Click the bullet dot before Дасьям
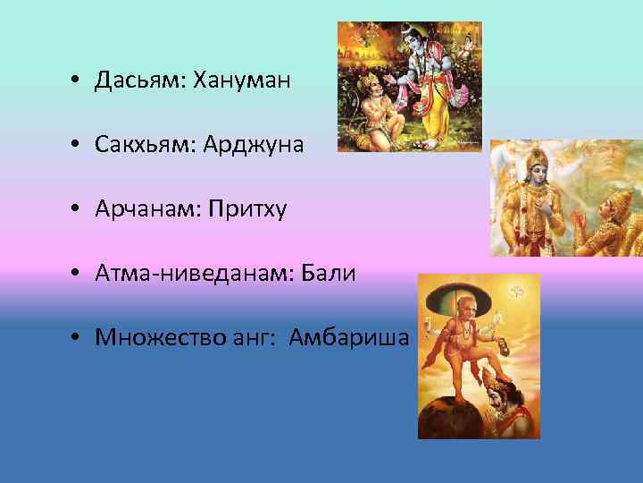(x=79, y=81)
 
